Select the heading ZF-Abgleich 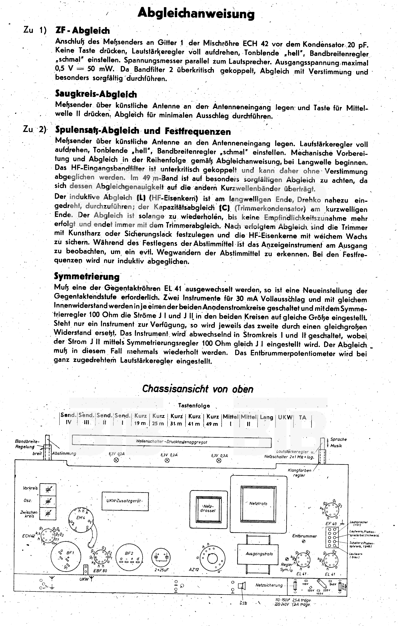coord(83,31)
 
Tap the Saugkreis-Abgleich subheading coord(96,94)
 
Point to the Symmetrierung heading coord(87,276)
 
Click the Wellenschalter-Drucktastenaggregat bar coord(171,442)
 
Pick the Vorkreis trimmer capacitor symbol coord(48,489)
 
